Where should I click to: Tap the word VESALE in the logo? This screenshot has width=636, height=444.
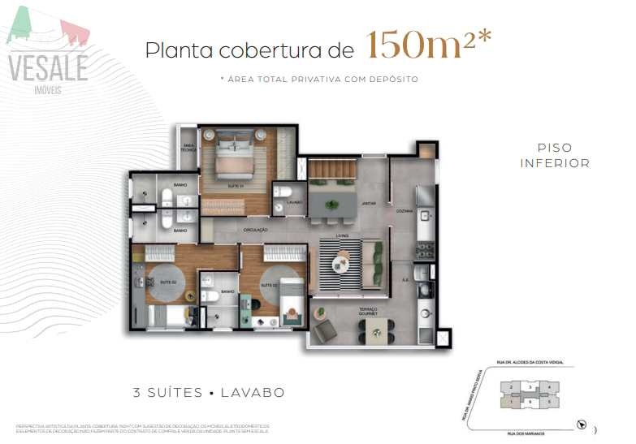[x=48, y=67]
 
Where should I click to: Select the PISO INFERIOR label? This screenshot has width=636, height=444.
[x=555, y=156]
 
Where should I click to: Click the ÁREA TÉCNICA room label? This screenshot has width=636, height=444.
[x=188, y=147]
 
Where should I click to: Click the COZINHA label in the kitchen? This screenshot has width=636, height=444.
[x=405, y=211]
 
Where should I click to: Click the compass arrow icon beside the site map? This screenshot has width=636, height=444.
[x=580, y=425]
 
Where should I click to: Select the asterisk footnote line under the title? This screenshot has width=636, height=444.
[x=318, y=79]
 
